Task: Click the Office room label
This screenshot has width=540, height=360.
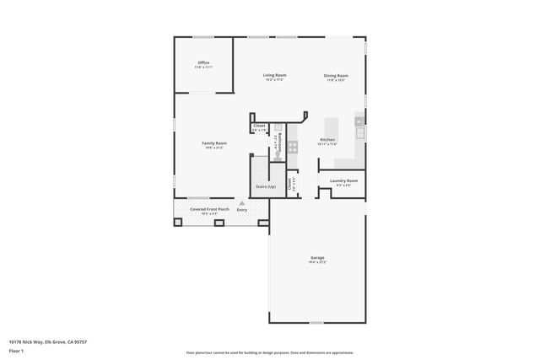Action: [x=203, y=62]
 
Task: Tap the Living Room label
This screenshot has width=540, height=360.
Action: [x=275, y=76]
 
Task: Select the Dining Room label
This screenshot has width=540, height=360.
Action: [x=336, y=76]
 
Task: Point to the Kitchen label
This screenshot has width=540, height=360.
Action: [x=327, y=139]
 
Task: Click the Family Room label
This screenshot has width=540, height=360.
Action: [x=214, y=143]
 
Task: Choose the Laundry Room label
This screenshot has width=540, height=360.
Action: [x=343, y=180]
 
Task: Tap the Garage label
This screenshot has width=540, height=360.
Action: [x=317, y=257]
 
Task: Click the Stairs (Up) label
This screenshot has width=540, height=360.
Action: [x=266, y=186]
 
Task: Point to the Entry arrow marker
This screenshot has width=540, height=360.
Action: [x=242, y=202]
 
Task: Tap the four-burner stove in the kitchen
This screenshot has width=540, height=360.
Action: [x=293, y=145]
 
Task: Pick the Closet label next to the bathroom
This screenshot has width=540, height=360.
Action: [x=259, y=126]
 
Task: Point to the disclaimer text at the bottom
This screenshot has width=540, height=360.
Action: [x=270, y=352]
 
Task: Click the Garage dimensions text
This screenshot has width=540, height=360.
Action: [x=317, y=262]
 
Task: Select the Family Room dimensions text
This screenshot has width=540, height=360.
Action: [x=214, y=148]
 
